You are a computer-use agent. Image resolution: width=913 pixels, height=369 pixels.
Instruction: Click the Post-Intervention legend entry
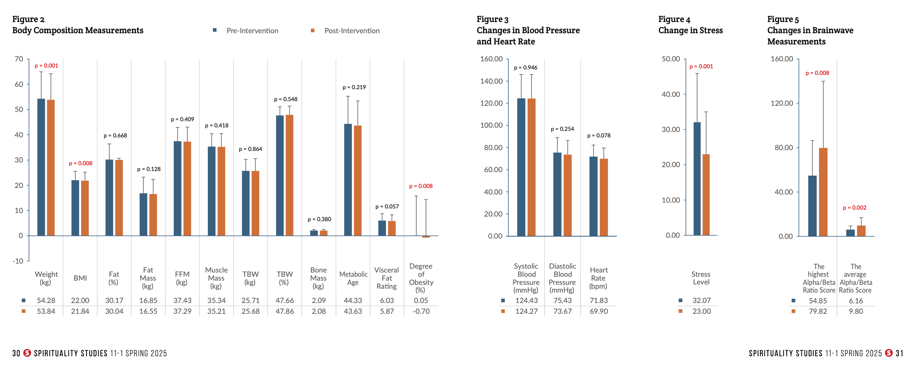point(351,31)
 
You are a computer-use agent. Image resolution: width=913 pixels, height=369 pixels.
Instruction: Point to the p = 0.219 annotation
point(354,87)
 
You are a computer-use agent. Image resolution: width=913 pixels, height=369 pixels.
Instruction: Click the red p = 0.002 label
point(854,208)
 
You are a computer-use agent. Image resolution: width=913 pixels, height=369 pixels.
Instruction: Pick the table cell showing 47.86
point(285,311)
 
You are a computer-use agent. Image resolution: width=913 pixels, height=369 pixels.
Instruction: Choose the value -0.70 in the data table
point(421,311)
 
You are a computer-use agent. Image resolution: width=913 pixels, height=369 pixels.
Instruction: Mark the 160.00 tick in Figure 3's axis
point(491,59)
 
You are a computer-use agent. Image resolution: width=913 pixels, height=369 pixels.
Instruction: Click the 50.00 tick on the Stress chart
point(671,59)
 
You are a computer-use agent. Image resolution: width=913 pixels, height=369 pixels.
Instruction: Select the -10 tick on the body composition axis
point(18,261)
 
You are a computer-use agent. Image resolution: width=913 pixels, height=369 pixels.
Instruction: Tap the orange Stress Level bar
point(706,195)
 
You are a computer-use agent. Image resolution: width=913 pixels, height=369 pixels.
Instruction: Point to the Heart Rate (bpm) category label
point(598,278)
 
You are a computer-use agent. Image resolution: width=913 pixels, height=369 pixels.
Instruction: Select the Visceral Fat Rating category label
point(387,278)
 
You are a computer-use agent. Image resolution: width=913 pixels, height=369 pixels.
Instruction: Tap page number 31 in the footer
point(899,353)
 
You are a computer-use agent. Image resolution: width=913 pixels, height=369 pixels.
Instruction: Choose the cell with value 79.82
point(818,311)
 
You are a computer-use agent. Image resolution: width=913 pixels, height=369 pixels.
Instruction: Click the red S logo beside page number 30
point(27,353)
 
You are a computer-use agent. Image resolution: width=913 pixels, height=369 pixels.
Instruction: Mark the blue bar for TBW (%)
point(280,175)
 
